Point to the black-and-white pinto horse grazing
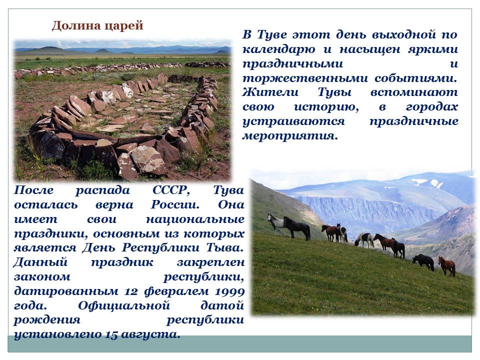364,239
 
